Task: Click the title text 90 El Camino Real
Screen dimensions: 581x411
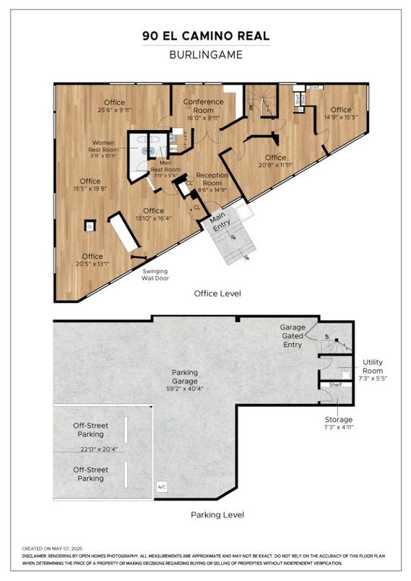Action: click(205, 36)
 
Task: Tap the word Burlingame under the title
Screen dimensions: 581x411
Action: click(205, 54)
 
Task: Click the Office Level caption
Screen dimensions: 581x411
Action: click(217, 294)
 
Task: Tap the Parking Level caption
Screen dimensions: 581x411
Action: click(217, 515)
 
